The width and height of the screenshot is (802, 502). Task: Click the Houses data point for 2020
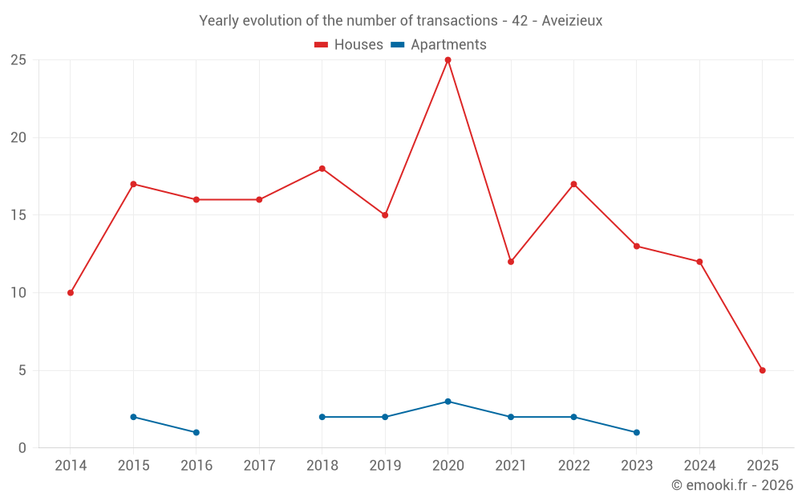tap(448, 60)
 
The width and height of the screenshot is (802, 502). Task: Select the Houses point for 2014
tap(71, 293)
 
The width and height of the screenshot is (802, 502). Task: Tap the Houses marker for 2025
tap(762, 370)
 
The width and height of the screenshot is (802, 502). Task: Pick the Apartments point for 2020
tap(448, 402)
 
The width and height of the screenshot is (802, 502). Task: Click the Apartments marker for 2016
tap(196, 433)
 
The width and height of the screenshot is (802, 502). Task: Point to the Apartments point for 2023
tap(636, 433)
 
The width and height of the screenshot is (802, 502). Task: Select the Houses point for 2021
tap(511, 262)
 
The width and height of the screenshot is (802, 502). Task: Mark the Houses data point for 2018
tap(322, 169)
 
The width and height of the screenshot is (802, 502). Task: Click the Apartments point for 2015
tap(133, 417)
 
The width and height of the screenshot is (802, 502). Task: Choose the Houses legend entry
tap(349, 45)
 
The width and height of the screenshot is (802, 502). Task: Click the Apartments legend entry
tap(439, 45)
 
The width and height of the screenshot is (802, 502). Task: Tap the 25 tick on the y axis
tap(18, 60)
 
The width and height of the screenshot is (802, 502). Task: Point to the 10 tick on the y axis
tap(18, 293)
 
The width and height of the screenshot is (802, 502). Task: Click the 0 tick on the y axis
tap(22, 448)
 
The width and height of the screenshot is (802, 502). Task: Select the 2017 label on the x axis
tap(259, 466)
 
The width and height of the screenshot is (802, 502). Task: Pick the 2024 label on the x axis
tap(699, 466)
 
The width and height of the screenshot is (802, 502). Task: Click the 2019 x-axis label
tap(385, 466)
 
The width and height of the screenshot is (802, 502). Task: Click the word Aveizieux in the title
tap(572, 21)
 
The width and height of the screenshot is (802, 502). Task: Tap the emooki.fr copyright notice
tap(732, 485)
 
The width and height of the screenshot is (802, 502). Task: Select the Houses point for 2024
tap(699, 262)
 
